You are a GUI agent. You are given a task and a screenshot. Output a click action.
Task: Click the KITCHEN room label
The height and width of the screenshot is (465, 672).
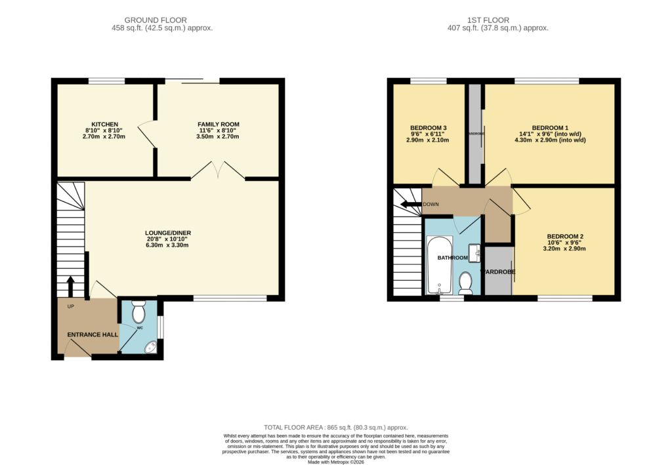(104, 124)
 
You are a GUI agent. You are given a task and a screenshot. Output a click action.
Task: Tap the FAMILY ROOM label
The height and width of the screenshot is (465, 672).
(219, 124)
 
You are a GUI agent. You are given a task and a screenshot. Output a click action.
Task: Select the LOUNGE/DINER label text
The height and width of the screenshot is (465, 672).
(168, 233)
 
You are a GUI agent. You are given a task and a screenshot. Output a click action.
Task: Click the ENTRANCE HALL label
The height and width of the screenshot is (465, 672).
(93, 334)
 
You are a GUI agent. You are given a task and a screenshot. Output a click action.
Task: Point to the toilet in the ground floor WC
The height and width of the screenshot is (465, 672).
(138, 312)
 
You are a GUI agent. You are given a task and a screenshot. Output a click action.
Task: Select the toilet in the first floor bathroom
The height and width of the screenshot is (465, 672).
(466, 283)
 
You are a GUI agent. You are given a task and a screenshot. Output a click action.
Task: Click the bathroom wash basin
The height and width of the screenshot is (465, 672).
(475, 251)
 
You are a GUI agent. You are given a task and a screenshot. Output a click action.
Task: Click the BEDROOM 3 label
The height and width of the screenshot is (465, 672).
(429, 128)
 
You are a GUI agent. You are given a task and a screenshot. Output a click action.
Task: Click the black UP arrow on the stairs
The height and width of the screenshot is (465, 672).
(71, 286)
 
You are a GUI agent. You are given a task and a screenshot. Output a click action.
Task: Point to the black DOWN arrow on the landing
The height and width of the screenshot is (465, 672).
(411, 204)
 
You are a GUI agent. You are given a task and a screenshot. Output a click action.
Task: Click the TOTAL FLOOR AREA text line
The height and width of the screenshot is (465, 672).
(335, 426)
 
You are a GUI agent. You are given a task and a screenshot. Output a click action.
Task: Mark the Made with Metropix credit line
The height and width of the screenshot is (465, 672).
(335, 461)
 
